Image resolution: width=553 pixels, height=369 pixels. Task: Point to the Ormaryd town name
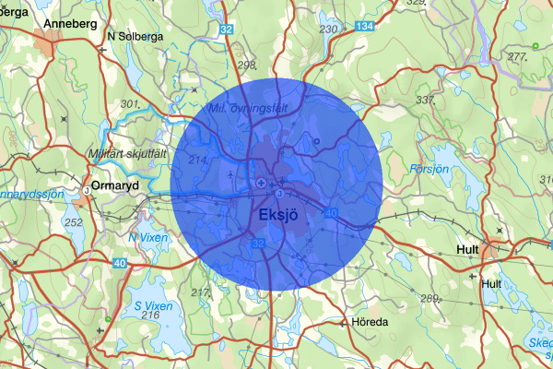pyautogui.click(x=115, y=183)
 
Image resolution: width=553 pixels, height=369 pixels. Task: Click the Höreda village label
pyautogui.click(x=371, y=323)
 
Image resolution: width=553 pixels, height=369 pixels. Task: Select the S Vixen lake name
pyautogui.click(x=151, y=304)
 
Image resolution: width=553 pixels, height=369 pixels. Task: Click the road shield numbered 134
pyautogui.click(x=365, y=28)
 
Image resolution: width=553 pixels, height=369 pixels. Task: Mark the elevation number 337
pyautogui.click(x=426, y=100)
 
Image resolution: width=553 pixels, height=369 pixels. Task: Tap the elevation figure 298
pyautogui.click(x=246, y=64)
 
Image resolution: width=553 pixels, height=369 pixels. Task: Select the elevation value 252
pyautogui.click(x=74, y=222)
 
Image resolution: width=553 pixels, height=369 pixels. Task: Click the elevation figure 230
pyautogui.click(x=328, y=30)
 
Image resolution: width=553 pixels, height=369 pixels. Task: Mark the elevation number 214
pyautogui.click(x=197, y=161)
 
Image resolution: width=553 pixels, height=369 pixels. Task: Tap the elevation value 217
pyautogui.click(x=201, y=292)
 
